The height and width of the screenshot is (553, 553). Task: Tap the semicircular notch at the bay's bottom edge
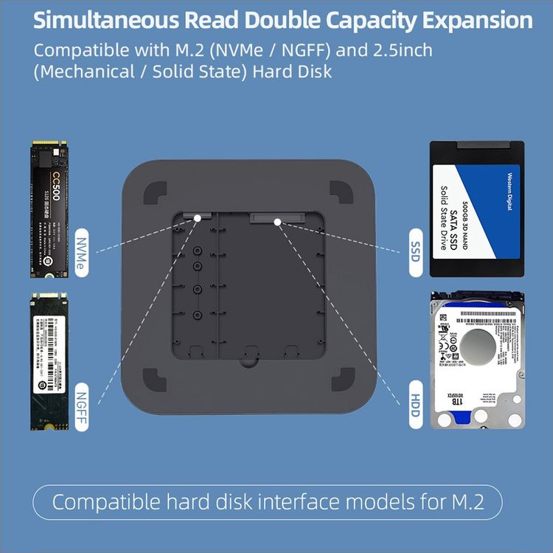click(x=248, y=359)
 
